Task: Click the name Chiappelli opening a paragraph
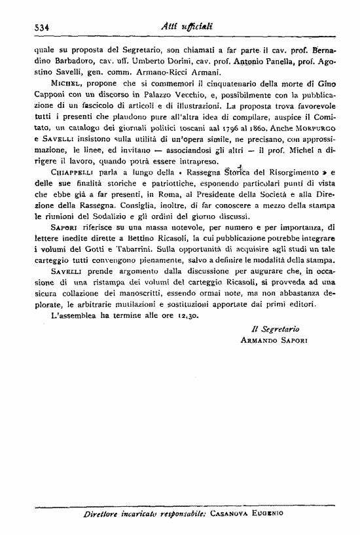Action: [x=69, y=173]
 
